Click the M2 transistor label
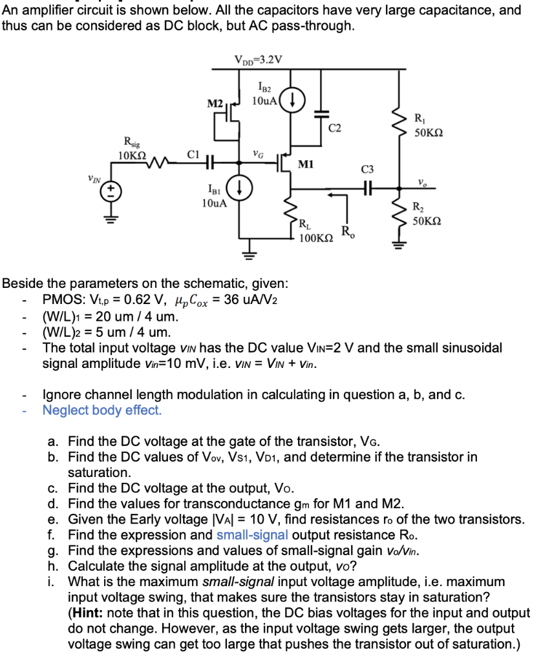click(x=215, y=104)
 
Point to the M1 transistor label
click(x=306, y=165)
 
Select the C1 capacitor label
click(x=192, y=154)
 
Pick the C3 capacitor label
click(x=367, y=170)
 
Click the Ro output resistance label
click(x=347, y=232)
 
